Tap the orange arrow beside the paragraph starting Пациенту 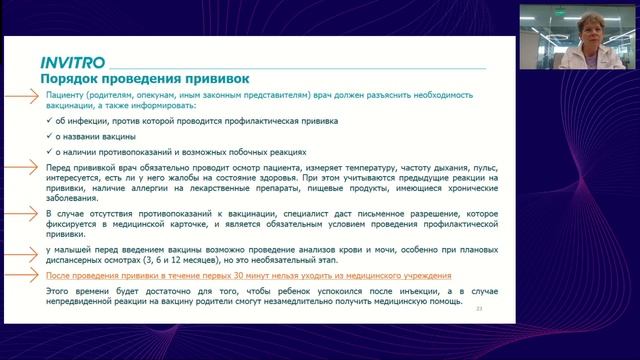[x=21, y=96]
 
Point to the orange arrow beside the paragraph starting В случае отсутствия [x=21, y=213]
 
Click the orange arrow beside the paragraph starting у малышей [x=21, y=245]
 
